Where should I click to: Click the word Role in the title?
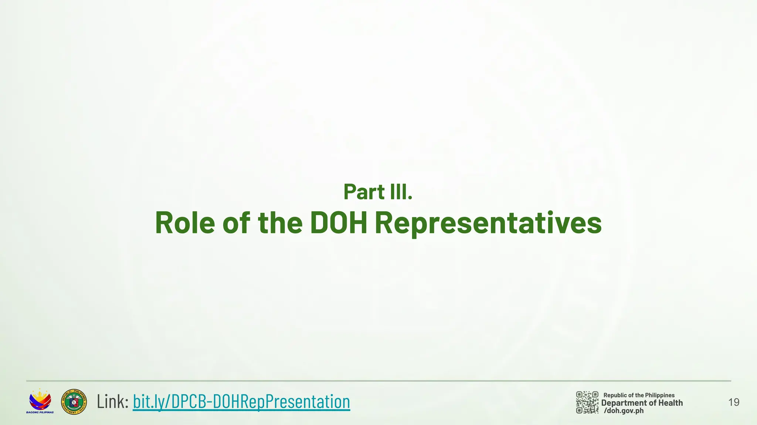[185, 223]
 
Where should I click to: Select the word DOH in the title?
[338, 223]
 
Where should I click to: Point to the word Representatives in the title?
[488, 223]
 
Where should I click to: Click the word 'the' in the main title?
[280, 223]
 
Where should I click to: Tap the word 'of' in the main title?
[237, 223]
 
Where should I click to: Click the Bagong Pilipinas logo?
[40, 400]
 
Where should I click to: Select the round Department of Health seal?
[74, 402]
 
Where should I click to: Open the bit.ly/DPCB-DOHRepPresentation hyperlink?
[241, 402]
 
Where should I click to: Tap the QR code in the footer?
[587, 402]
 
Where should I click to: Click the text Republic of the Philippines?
[639, 395]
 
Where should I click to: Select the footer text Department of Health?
[642, 403]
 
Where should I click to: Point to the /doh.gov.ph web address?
[624, 411]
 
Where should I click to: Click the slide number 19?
[734, 402]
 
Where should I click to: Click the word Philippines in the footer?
[660, 395]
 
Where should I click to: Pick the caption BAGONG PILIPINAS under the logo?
[40, 412]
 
